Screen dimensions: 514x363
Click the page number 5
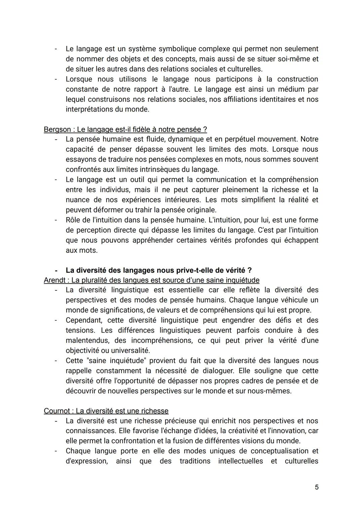[317, 487]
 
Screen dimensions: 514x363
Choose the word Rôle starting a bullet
[74, 220]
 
